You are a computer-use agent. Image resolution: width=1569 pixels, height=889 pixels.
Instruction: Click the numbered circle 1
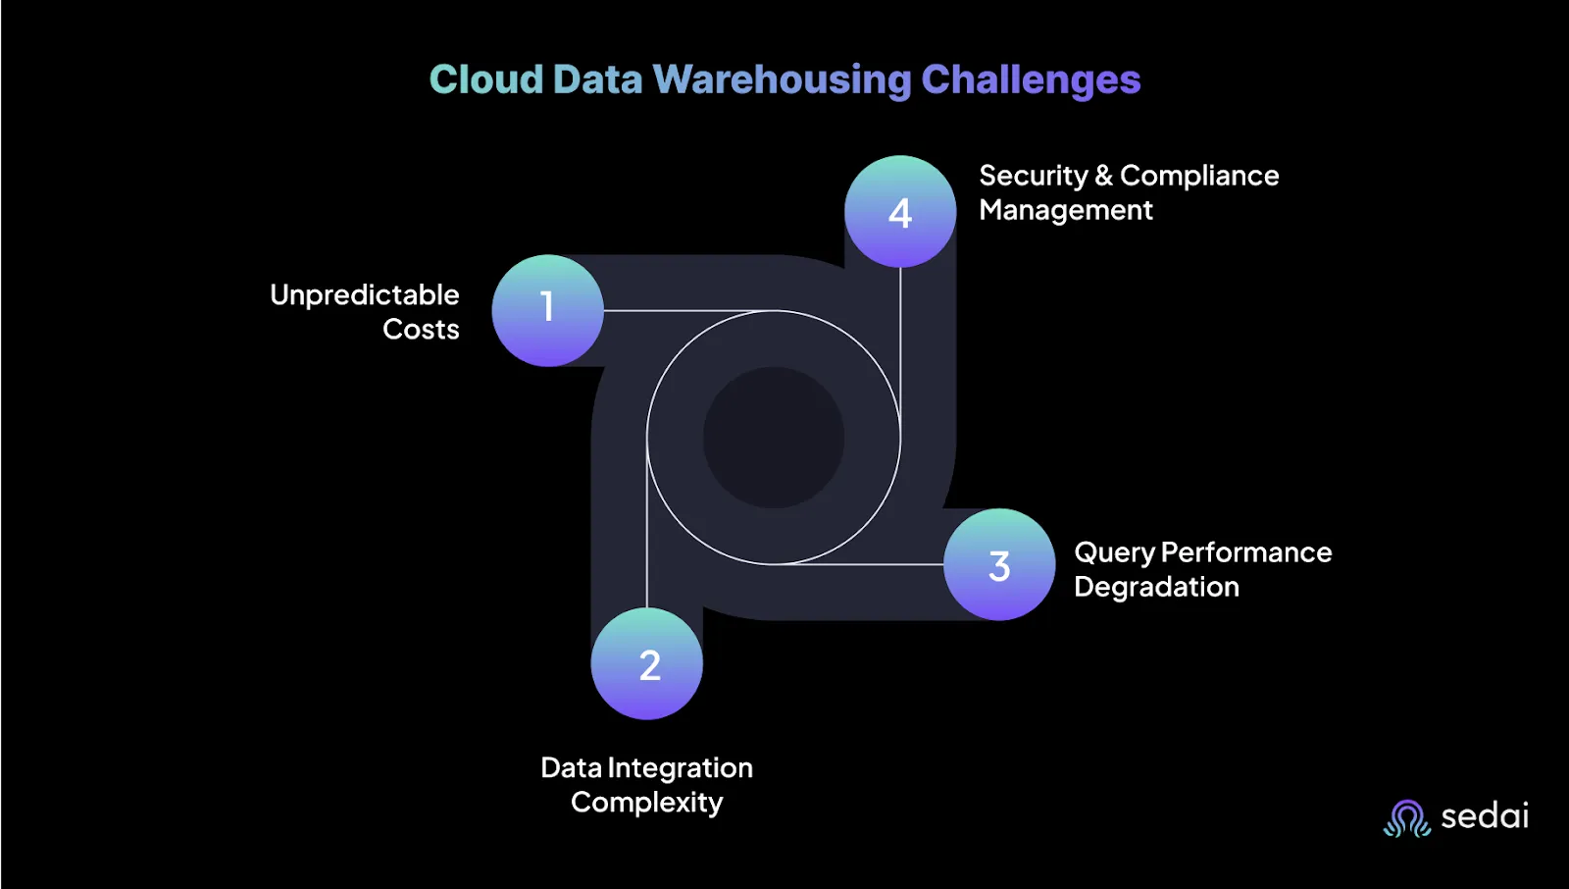coord(548,310)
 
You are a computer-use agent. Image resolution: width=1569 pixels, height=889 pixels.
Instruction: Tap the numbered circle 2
coord(646,663)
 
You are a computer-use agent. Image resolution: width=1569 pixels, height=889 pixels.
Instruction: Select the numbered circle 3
coord(999,564)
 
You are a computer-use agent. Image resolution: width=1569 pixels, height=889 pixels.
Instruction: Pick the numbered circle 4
coord(900,211)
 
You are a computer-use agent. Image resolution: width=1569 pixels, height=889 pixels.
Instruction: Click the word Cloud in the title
coord(486,79)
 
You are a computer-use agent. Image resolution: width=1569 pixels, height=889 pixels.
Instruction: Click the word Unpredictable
coord(364,295)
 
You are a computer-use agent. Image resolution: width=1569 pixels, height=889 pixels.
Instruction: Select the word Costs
coord(421,330)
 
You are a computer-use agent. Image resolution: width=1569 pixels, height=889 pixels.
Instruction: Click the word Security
coord(1033,176)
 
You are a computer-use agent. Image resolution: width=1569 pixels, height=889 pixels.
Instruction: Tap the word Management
coord(1065,210)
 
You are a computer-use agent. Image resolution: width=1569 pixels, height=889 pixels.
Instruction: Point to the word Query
coord(1114,553)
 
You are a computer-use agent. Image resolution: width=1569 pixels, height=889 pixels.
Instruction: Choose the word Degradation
coord(1156,587)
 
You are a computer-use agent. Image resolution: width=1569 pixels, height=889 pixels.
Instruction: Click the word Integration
coord(681,768)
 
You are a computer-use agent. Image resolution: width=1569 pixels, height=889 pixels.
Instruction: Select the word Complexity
coord(646,803)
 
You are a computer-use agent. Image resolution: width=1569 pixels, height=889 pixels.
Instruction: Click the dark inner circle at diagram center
coord(774,438)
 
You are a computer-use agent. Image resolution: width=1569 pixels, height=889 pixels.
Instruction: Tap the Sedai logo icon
coord(1407,818)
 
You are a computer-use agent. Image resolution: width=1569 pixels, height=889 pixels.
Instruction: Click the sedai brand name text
coord(1485,816)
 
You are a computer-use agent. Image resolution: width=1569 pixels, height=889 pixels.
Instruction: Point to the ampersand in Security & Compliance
coord(1103,176)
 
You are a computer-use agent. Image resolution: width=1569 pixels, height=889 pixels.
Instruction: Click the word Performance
coord(1246,552)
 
